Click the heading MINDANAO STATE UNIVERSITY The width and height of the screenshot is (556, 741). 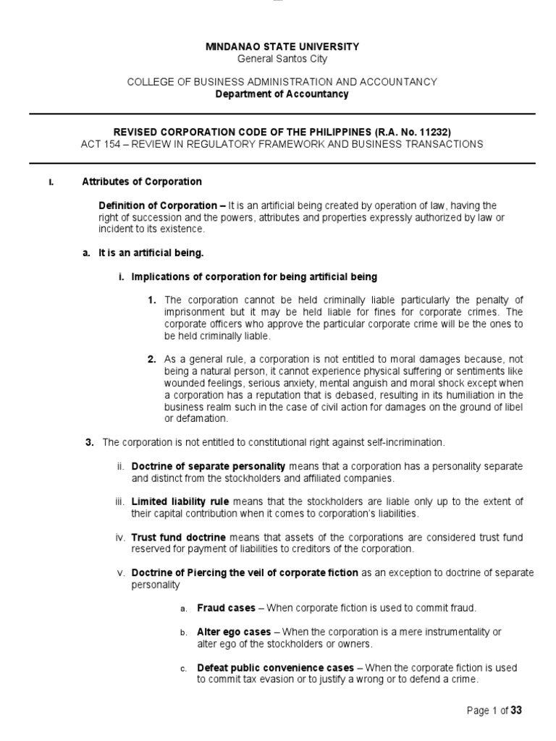pos(282,46)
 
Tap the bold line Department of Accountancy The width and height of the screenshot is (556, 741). pos(282,94)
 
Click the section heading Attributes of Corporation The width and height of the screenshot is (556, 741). pos(142,181)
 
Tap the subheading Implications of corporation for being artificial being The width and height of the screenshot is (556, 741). pos(253,277)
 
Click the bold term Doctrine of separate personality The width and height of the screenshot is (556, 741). pos(208,465)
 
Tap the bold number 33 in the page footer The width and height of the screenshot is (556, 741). pos(515,711)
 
